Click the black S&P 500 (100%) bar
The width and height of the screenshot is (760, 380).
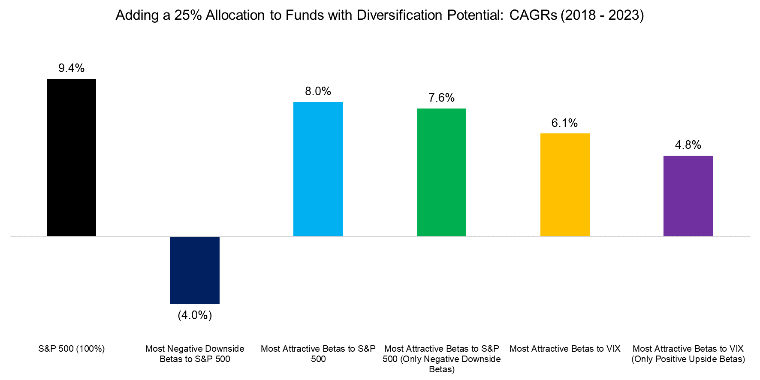pos(71,157)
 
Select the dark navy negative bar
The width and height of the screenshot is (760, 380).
pos(195,270)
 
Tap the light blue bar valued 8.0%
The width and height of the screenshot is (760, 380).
pos(318,169)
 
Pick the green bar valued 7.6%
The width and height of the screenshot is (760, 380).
pos(441,172)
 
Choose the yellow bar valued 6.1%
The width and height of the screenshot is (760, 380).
pos(565,185)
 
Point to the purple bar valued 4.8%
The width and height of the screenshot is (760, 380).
pos(688,196)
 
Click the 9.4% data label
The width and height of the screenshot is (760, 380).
pos(71,68)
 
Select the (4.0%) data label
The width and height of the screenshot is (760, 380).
pos(195,315)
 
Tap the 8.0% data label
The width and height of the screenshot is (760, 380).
pos(318,91)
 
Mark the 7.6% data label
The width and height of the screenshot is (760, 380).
pos(441,98)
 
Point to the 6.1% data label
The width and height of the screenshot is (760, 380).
pos(564,123)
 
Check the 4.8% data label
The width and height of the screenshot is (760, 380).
pos(688,145)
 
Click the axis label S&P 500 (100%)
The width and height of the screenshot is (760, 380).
pos(71,349)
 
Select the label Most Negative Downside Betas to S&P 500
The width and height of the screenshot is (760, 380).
pos(195,354)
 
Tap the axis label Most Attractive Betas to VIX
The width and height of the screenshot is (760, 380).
pos(565,349)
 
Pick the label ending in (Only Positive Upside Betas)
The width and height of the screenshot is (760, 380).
pos(688,354)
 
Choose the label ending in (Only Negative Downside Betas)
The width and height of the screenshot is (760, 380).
pos(441,359)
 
